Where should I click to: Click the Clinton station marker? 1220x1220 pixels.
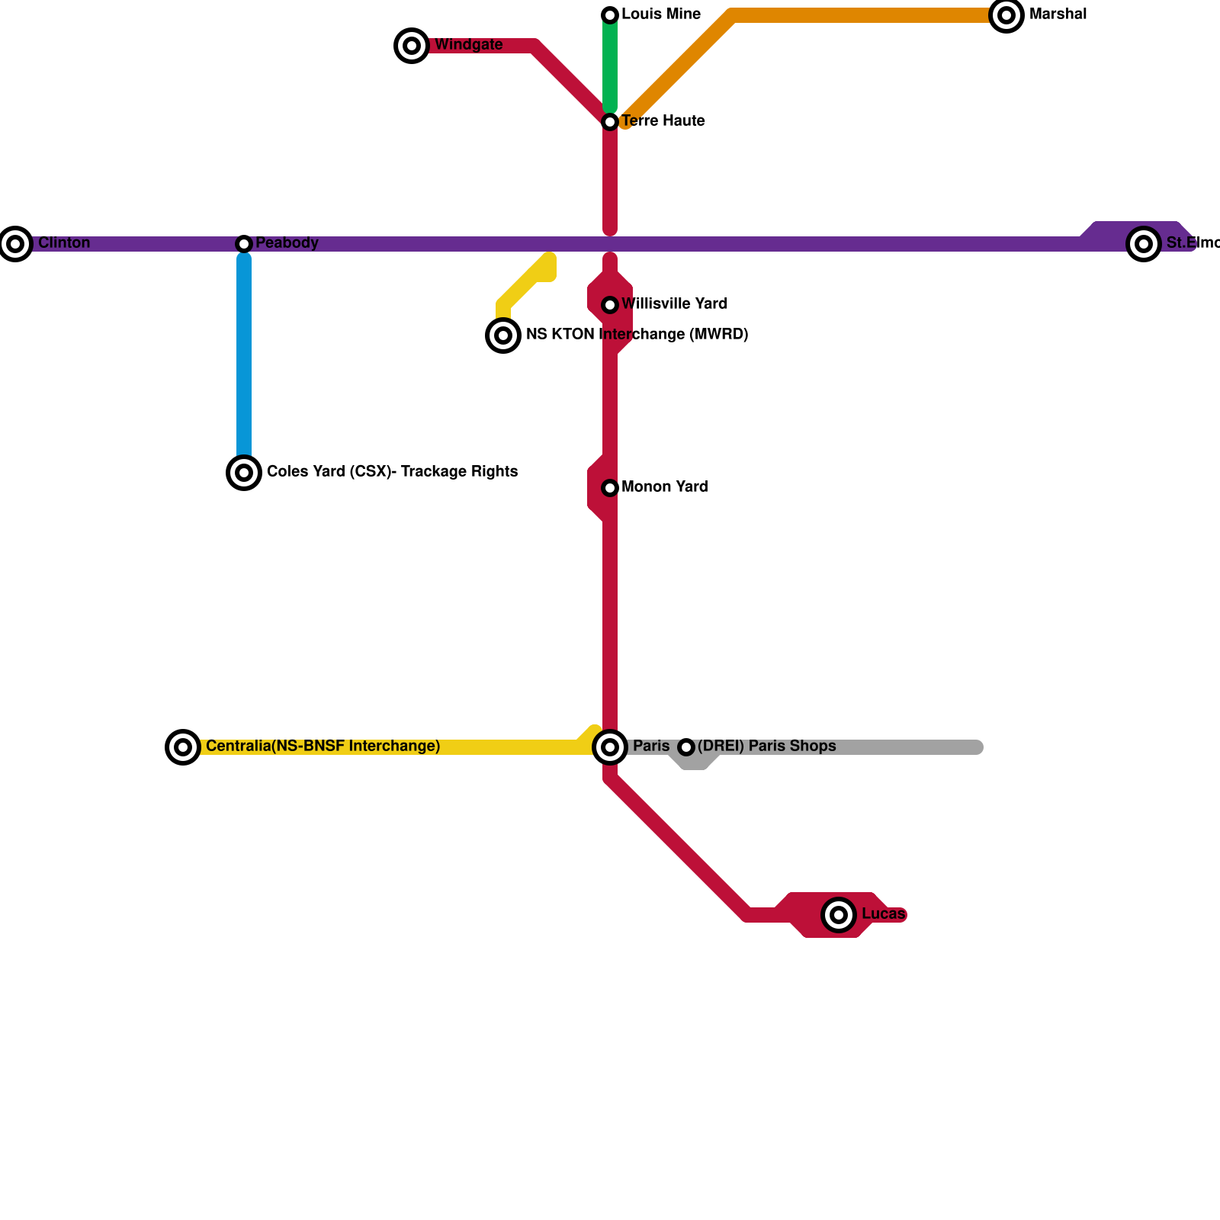click(x=15, y=244)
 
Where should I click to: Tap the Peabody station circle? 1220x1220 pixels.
click(x=244, y=244)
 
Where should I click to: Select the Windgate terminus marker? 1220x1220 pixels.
click(x=412, y=46)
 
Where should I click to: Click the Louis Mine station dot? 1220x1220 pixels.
click(x=610, y=15)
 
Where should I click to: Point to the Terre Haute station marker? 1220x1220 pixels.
click(x=610, y=122)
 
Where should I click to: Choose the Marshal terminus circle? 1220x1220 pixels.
click(x=1006, y=15)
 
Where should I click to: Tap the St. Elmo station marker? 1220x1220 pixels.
click(x=1144, y=244)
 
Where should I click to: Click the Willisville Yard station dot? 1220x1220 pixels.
click(x=610, y=305)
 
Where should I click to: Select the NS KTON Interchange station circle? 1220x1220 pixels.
click(x=503, y=335)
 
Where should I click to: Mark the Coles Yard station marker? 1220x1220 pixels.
click(x=244, y=473)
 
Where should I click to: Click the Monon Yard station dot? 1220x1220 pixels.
click(x=610, y=488)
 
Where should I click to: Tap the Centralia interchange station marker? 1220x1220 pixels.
click(x=183, y=747)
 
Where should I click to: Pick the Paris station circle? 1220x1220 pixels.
click(x=610, y=747)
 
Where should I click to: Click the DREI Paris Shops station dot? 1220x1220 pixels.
click(x=686, y=747)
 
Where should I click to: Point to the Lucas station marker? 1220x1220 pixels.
click(x=839, y=914)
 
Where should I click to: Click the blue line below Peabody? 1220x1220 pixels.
click(x=244, y=358)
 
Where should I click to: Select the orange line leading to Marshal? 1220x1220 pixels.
click(x=862, y=15)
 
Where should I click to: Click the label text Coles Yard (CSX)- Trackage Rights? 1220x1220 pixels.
click(x=392, y=472)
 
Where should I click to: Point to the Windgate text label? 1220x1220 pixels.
click(x=468, y=45)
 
